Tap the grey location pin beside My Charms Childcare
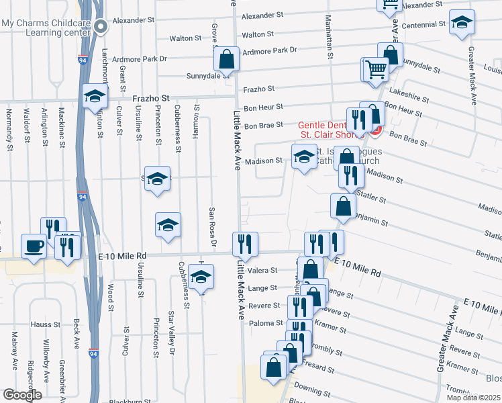pos(101,27)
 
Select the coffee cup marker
pos(34,247)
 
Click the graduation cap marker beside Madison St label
pos(304,156)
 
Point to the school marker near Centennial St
pos(462,22)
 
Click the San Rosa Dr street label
pos(211,227)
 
